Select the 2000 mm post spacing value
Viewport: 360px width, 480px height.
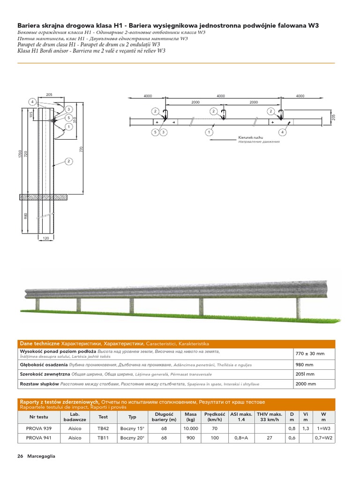point(306,383)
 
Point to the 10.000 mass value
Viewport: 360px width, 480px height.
point(190,428)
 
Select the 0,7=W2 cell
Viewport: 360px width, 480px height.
point(323,438)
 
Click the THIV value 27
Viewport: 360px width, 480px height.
point(269,438)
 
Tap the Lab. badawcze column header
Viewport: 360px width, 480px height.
point(75,417)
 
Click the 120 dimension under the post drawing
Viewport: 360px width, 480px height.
point(45,238)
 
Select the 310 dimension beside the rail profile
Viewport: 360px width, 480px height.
point(75,120)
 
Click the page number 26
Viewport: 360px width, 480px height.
point(20,457)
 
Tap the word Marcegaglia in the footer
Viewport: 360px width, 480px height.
point(41,457)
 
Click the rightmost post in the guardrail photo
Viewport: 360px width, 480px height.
point(299,310)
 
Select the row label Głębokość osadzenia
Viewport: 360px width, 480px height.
point(44,365)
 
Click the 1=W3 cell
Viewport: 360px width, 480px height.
point(323,428)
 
